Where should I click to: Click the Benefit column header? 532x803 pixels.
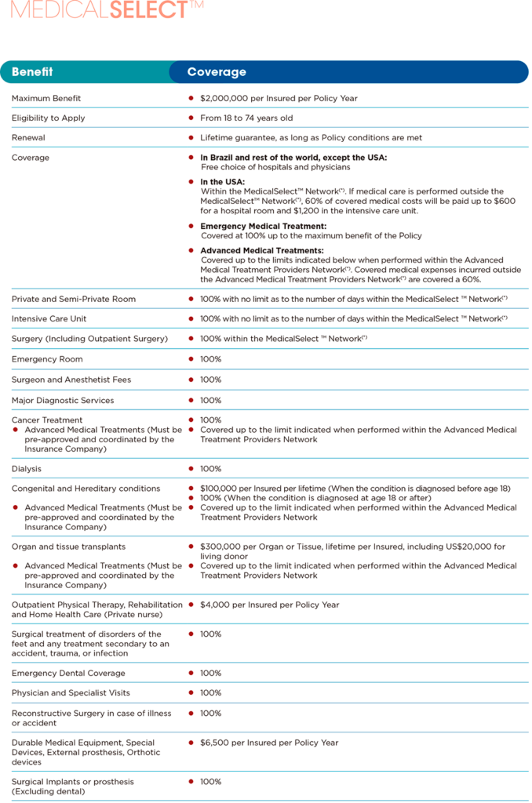coord(32,72)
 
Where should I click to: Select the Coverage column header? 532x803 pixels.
coord(217,72)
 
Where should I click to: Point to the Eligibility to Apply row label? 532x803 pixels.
coord(49,118)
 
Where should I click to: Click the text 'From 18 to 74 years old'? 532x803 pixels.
coord(246,118)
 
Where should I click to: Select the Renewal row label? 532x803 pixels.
coord(29,137)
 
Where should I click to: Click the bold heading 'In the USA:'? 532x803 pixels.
coord(223,182)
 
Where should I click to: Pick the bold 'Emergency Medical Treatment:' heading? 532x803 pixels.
coord(264,226)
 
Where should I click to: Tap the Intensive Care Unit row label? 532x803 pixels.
coord(49,319)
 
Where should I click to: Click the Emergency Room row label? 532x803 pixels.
coord(45,359)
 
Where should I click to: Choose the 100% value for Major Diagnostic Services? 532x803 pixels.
coord(210,400)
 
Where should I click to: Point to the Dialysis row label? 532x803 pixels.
coord(27,469)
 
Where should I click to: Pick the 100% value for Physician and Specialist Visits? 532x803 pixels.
coord(210,692)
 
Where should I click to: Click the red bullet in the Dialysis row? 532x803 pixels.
coord(191,469)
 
